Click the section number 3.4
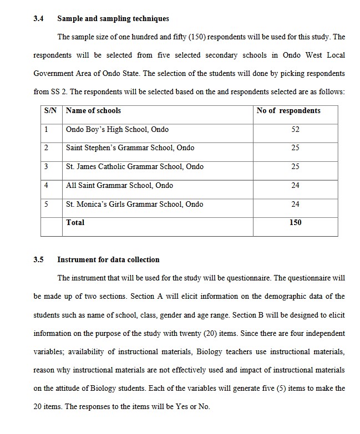coord(38,19)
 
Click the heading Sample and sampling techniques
coord(113,19)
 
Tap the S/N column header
coord(51,111)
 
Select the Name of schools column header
coord(93,111)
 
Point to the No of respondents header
coord(288,111)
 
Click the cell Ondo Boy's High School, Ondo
coord(117,130)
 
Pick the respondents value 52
coord(295,130)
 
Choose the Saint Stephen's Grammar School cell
coord(130,148)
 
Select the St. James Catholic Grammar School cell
coord(134,166)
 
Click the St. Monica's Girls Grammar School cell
coord(134,204)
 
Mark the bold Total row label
coord(75,222)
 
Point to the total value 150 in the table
coord(295,222)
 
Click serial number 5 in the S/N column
coord(46,204)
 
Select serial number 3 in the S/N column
coord(46,166)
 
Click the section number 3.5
coord(38,259)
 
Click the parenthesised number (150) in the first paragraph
coord(200,38)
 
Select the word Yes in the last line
coord(182,407)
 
